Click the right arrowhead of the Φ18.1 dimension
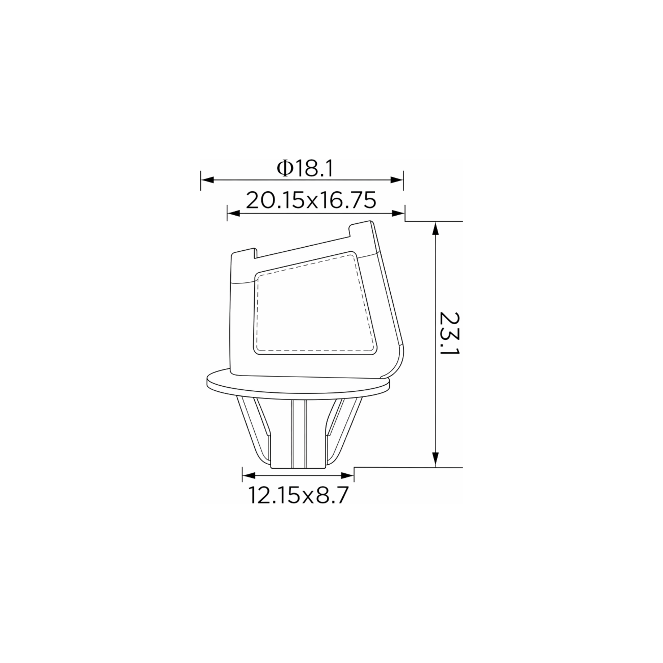(x=397, y=180)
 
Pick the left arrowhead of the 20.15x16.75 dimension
(x=234, y=213)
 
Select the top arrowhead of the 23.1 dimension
(x=435, y=229)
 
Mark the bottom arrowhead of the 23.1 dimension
(x=435, y=460)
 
